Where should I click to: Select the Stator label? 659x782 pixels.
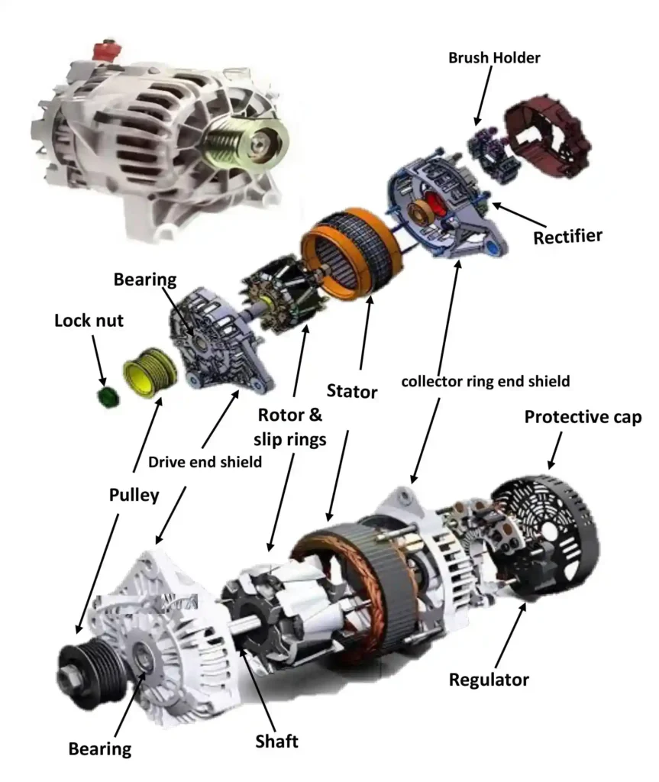coord(352,393)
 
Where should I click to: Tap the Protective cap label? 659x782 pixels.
coord(583,417)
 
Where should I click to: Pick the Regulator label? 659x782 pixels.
coord(489,679)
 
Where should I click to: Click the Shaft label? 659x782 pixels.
coord(276,740)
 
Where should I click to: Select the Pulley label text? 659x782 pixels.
coord(132,495)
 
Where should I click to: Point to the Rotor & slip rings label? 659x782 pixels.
coord(290,428)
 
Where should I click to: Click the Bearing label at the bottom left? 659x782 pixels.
coord(100,748)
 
